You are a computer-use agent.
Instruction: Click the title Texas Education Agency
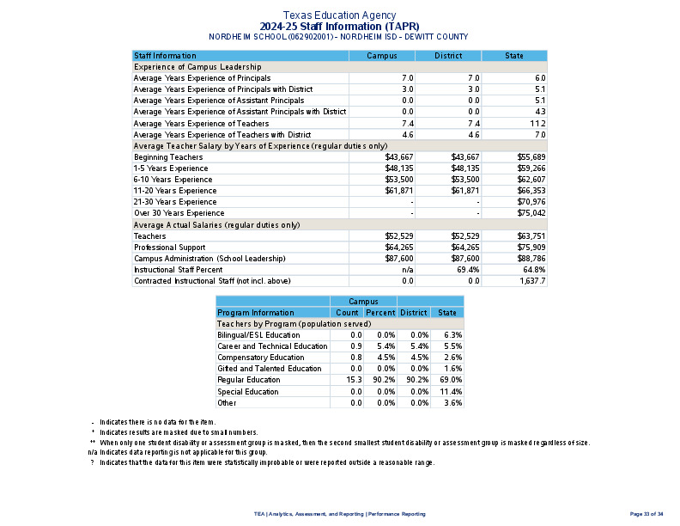tap(339, 15)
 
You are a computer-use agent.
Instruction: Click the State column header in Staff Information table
tap(514, 56)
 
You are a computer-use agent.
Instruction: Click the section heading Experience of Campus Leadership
tap(197, 67)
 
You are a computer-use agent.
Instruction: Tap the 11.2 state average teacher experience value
tap(539, 124)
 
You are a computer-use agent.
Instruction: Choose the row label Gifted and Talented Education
tap(269, 369)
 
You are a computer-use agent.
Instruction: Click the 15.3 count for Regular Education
tap(355, 380)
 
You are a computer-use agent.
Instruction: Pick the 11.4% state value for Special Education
tap(451, 391)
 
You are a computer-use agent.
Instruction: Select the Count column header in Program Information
tap(347, 313)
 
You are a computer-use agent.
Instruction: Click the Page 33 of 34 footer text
tap(647, 514)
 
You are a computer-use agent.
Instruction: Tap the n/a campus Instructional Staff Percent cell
tap(408, 270)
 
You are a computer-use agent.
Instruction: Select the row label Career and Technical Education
tap(272, 346)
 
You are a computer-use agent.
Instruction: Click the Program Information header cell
tap(255, 313)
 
